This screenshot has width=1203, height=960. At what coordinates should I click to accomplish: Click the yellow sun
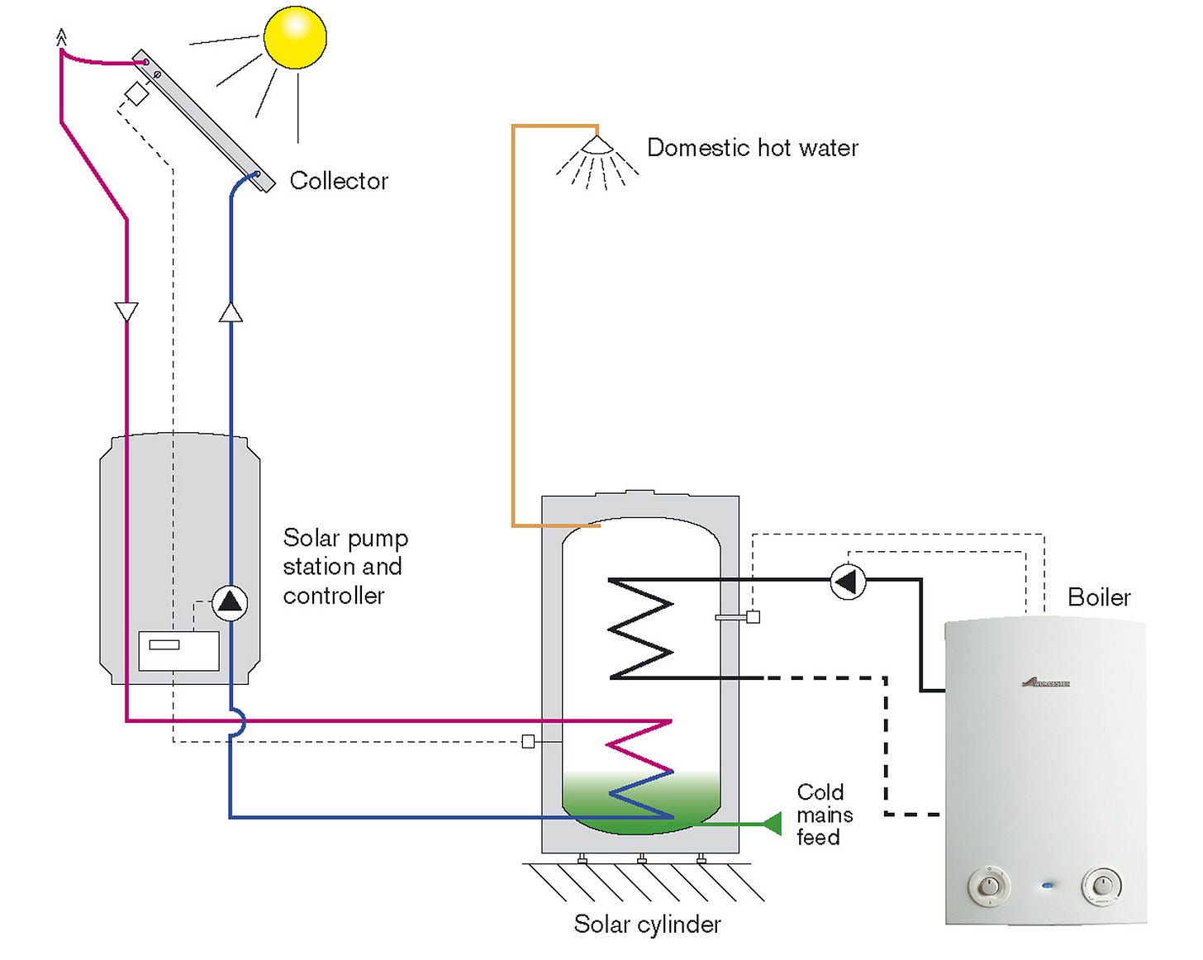(295, 36)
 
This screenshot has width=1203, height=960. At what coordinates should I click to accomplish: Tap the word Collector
(339, 181)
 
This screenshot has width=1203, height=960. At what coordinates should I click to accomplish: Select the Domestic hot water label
(752, 148)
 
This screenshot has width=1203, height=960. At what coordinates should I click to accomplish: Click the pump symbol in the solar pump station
(230, 602)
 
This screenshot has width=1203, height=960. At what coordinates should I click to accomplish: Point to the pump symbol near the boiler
(847, 581)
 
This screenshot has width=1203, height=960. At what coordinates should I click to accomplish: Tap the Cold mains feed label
(824, 815)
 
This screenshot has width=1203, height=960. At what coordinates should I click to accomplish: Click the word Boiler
(1098, 597)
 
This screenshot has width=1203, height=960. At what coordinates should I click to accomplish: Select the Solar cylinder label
(647, 924)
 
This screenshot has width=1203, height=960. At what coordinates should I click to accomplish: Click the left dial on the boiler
(989, 886)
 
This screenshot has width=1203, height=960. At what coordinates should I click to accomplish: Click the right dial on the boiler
(1102, 886)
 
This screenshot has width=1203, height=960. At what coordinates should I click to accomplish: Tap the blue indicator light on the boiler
(1048, 886)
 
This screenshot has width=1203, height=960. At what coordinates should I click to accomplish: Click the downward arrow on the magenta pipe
(126, 311)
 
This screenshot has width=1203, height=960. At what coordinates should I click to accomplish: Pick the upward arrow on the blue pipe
(231, 312)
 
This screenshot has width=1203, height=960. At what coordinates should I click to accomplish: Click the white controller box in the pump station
(178, 651)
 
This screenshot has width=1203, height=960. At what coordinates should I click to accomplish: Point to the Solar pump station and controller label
(345, 567)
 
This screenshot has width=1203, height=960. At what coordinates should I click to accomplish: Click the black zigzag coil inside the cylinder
(641, 628)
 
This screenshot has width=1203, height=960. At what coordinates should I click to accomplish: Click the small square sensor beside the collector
(136, 93)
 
